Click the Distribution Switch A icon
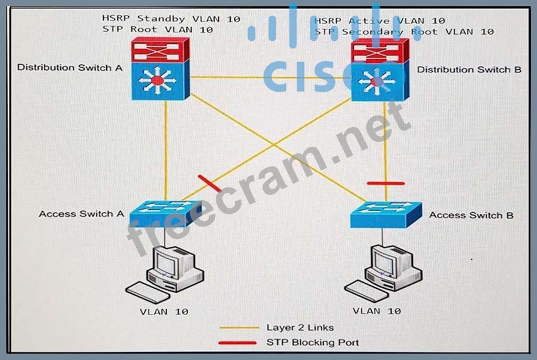[x=161, y=68]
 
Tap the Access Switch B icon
[x=385, y=214]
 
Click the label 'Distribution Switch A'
[x=70, y=67]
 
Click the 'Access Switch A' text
[x=77, y=213]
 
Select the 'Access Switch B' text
[x=471, y=215]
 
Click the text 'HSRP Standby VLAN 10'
[x=171, y=19]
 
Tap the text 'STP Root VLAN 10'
[x=157, y=29]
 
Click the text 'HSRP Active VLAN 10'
[x=379, y=21]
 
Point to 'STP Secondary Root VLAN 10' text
[x=404, y=31]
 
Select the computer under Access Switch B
[x=384, y=271]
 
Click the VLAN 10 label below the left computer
[x=164, y=311]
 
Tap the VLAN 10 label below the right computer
[x=377, y=310]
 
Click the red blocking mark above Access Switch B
[x=385, y=183]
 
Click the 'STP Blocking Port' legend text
[x=312, y=343]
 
